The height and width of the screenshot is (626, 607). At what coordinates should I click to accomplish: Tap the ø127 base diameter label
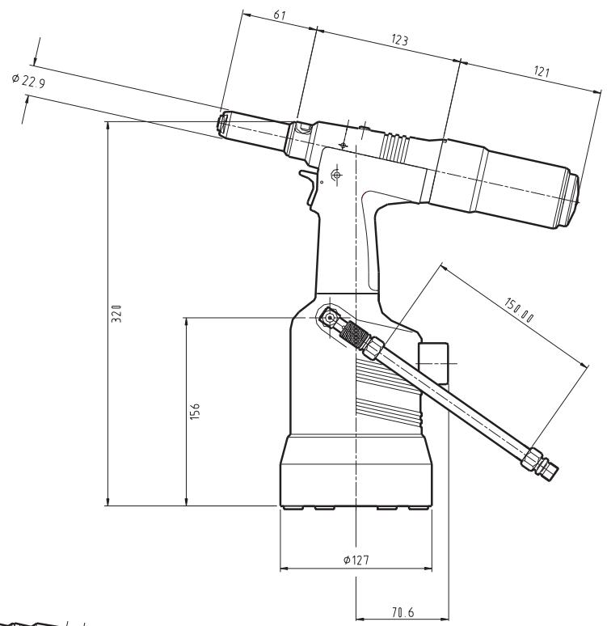coord(356,560)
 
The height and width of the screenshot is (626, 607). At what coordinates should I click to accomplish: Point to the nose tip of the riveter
coord(224,124)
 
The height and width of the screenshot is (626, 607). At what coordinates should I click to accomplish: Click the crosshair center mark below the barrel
coord(337,175)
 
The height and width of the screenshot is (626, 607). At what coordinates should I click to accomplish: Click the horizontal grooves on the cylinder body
coord(388,388)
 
